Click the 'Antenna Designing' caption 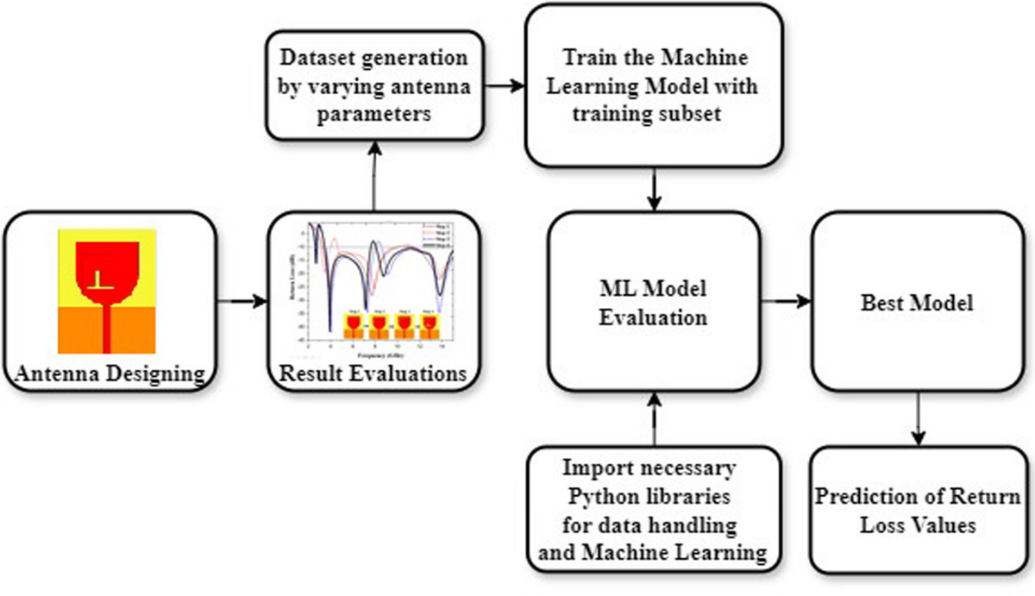[108, 374]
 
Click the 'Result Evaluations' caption [373, 374]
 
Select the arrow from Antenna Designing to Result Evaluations [241, 302]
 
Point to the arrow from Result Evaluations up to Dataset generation [373, 177]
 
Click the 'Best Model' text [918, 304]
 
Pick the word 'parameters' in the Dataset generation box [373, 114]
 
